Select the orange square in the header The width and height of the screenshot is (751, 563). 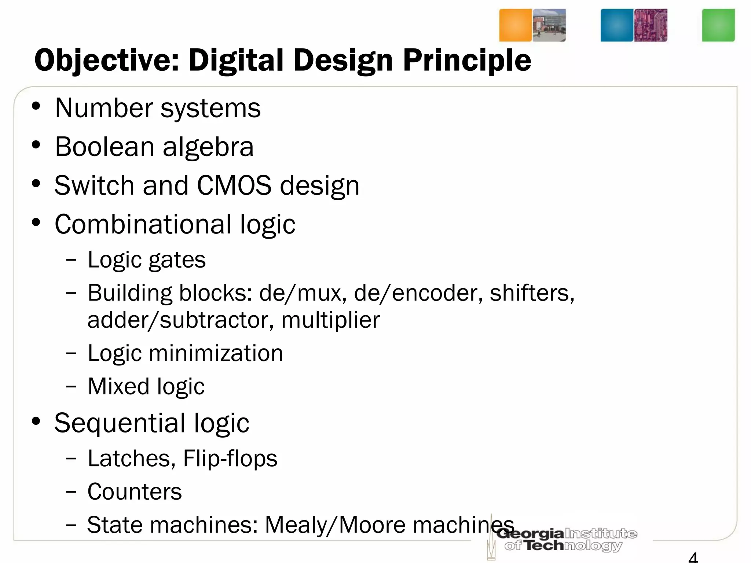click(515, 25)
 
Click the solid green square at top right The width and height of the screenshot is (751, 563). click(718, 25)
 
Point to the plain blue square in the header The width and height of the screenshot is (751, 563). click(617, 25)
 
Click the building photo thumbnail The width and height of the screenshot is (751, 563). click(549, 25)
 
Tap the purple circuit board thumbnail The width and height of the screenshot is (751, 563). click(651, 25)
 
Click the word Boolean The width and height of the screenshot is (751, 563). click(105, 147)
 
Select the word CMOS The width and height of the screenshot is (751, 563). click(234, 185)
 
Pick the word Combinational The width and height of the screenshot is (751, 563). click(143, 224)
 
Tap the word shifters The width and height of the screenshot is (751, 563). click(532, 293)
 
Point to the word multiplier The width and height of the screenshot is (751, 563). click(330, 320)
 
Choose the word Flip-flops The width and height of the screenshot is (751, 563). click(230, 458)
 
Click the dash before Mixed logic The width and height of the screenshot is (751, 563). click(71, 386)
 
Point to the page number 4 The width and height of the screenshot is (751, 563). click(693, 557)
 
